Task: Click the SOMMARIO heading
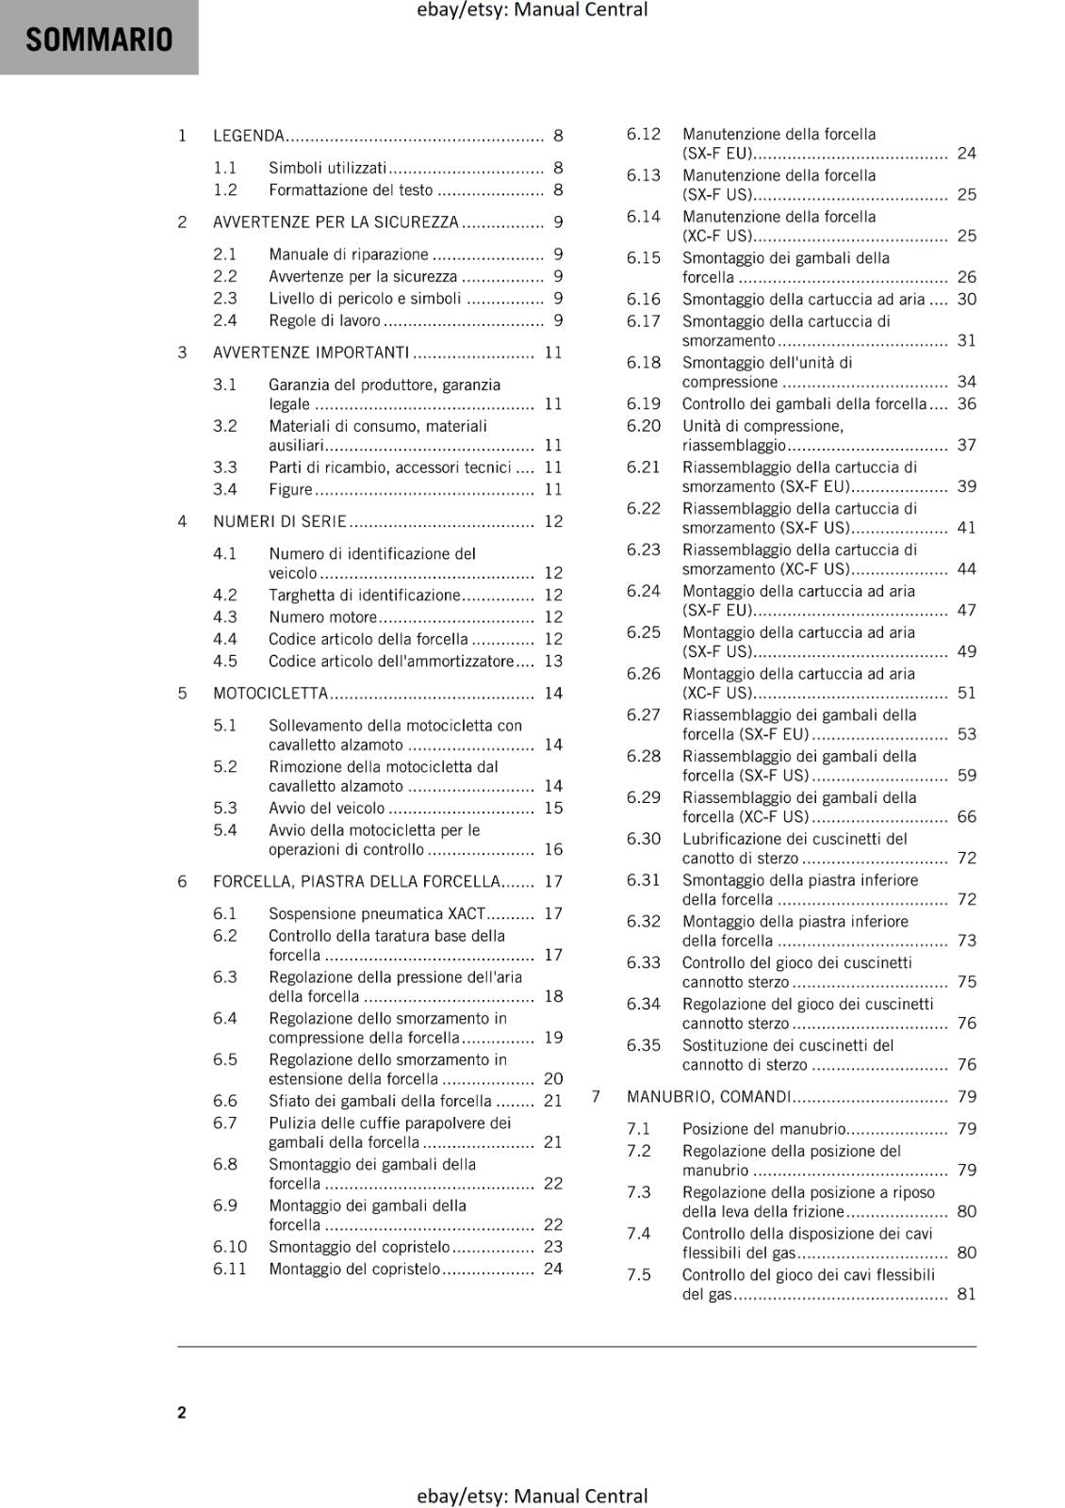(99, 40)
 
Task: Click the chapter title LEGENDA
(249, 136)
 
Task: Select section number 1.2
(225, 190)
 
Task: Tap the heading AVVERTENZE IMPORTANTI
(311, 352)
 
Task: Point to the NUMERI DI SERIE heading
(280, 521)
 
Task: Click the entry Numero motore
(322, 617)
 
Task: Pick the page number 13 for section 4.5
(553, 662)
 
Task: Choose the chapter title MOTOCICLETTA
(270, 694)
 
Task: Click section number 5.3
(225, 809)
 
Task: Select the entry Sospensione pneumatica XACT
(377, 914)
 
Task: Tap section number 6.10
(230, 1247)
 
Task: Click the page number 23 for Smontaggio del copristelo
(553, 1247)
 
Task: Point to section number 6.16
(644, 300)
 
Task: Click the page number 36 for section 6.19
(967, 404)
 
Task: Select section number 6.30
(644, 839)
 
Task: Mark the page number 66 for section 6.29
(967, 817)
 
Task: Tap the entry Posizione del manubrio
(764, 1129)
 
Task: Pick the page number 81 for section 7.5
(967, 1295)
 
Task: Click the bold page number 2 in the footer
(182, 1412)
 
